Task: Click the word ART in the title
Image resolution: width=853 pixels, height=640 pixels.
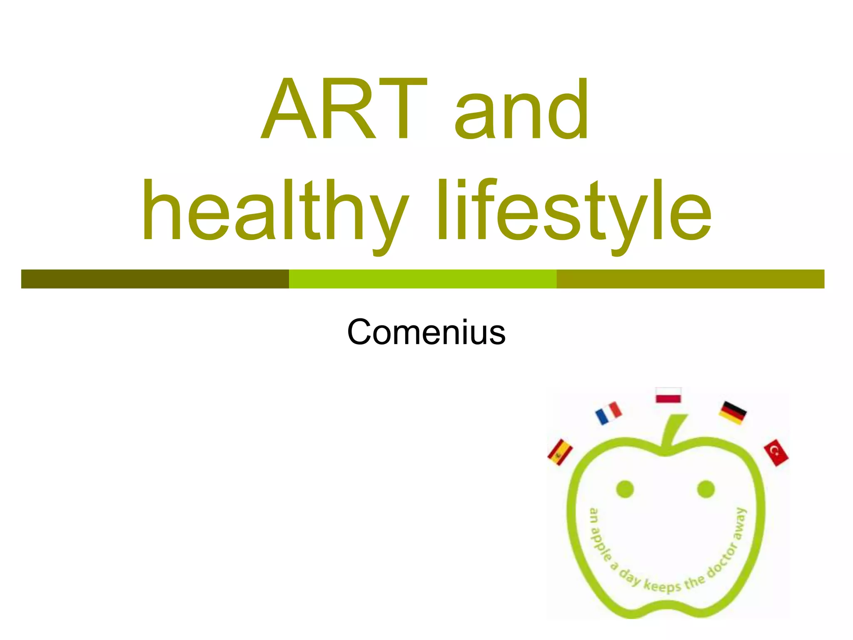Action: [x=344, y=109]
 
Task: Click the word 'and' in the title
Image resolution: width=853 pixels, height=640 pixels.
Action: [x=521, y=109]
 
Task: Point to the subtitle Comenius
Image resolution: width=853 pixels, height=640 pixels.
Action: [x=426, y=332]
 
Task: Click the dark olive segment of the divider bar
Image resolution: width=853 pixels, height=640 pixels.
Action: [x=155, y=279]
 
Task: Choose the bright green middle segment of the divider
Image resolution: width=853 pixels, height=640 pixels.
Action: [x=423, y=279]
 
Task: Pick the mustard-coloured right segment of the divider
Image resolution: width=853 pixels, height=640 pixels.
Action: [x=690, y=279]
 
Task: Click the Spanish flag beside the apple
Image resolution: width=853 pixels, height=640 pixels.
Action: [x=560, y=452]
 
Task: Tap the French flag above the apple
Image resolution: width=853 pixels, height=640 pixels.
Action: [x=609, y=412]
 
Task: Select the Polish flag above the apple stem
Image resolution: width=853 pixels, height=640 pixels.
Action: [x=668, y=395]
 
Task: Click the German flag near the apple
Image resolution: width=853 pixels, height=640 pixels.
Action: [x=733, y=412]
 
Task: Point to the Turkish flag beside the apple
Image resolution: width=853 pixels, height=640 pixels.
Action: [x=776, y=452]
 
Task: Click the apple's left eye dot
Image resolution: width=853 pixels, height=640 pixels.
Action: [x=625, y=489]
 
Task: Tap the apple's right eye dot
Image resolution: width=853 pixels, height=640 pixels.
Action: [x=706, y=489]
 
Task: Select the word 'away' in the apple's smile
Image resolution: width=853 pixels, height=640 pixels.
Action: [x=739, y=524]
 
